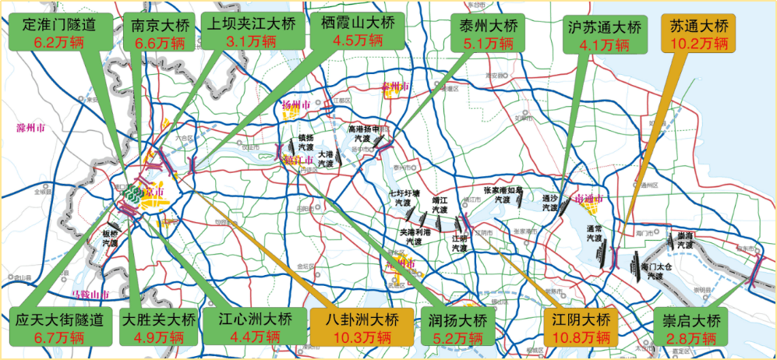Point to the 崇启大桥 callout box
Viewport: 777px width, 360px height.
pyautogui.click(x=693, y=328)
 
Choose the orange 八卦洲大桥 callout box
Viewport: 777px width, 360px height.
pyautogui.click(x=362, y=328)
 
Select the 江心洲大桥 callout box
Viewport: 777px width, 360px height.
pyautogui.click(x=255, y=327)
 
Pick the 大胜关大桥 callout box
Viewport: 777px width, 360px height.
pyautogui.click(x=157, y=328)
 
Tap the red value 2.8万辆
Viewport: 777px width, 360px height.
pyautogui.click(x=693, y=338)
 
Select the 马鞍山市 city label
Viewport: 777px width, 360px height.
pyautogui.click(x=90, y=295)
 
